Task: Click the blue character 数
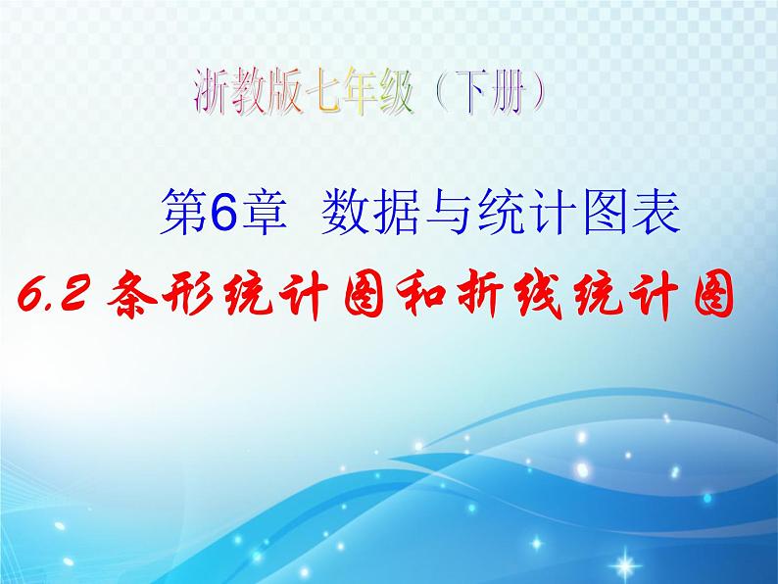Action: [342, 213]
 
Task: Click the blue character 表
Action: [653, 213]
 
